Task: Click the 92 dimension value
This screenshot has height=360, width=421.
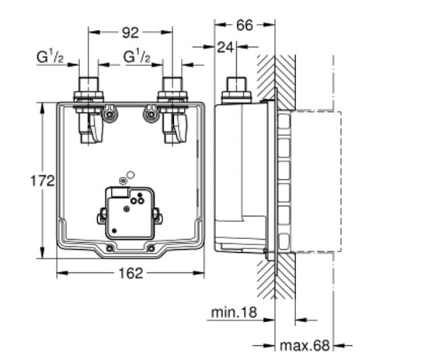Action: tap(130, 33)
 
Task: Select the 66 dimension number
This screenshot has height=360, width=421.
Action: tap(245, 26)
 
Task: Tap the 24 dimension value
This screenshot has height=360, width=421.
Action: tap(225, 47)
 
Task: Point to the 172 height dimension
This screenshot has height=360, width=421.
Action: tap(43, 181)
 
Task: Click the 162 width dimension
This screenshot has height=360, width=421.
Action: tap(130, 274)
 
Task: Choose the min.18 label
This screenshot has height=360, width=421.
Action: tap(234, 313)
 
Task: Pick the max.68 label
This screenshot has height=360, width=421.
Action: tap(304, 345)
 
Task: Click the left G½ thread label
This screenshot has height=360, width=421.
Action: tap(50, 57)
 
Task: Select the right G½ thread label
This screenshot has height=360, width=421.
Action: tap(137, 57)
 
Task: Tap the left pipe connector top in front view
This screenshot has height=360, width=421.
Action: tap(89, 85)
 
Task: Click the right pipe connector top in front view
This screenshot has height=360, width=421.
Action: tap(172, 85)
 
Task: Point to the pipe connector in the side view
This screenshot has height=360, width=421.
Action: tap(237, 90)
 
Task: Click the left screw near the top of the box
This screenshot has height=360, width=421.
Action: tap(110, 115)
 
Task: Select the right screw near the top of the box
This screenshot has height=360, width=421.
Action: tap(151, 116)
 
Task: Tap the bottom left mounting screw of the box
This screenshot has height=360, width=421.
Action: tap(110, 248)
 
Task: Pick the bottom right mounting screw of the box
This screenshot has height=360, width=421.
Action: tap(151, 248)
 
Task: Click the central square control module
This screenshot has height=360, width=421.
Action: tap(130, 213)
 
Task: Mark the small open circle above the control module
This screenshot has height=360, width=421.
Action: tap(130, 175)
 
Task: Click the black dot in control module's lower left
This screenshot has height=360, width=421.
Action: tap(114, 230)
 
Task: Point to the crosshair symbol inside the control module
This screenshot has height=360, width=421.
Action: tap(127, 209)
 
